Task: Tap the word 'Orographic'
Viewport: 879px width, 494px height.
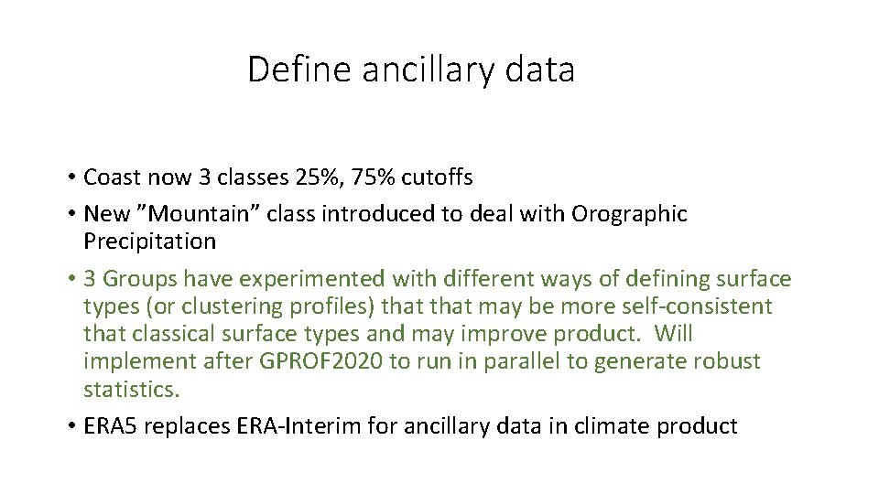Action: pos(629,214)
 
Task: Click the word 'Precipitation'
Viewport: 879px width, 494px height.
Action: pos(149,242)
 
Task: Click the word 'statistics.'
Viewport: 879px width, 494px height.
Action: pos(133,389)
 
